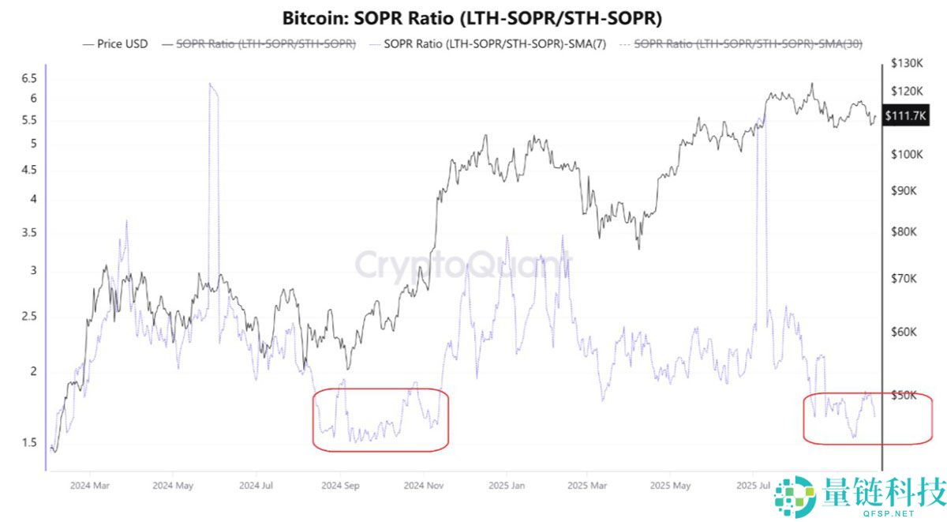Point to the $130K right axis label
(907, 62)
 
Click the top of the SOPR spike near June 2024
(211, 84)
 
